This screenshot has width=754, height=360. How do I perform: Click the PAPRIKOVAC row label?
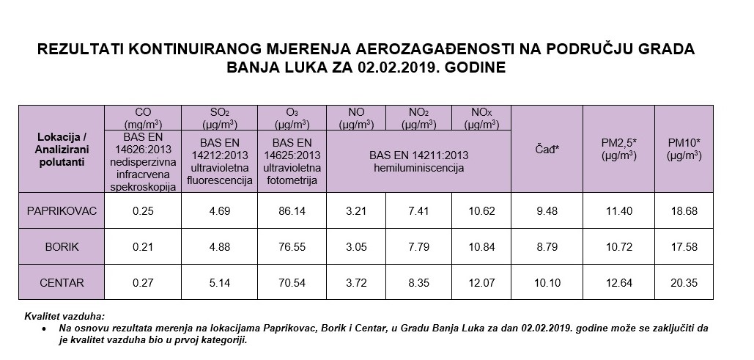click(x=62, y=211)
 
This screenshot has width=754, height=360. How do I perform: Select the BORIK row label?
click(x=62, y=246)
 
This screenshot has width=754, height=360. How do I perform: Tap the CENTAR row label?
click(x=62, y=282)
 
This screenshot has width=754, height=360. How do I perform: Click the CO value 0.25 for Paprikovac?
click(x=143, y=211)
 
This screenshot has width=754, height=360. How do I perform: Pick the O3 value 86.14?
click(x=291, y=211)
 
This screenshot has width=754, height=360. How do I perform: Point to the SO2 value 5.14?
click(x=220, y=282)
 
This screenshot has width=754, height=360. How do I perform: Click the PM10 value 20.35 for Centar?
click(x=684, y=282)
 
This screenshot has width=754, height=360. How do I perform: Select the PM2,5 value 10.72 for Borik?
click(x=618, y=246)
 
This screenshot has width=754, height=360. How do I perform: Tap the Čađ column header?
click(x=547, y=149)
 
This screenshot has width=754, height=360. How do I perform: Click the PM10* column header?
click(x=684, y=149)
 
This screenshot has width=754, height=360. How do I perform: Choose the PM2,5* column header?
click(x=618, y=149)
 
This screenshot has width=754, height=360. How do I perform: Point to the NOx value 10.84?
click(x=480, y=246)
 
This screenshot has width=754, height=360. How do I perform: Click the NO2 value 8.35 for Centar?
click(x=418, y=282)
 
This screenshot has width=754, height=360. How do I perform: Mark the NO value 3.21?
click(x=356, y=211)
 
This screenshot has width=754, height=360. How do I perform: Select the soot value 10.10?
click(x=547, y=282)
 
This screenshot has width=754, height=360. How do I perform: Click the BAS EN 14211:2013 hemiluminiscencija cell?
click(x=418, y=161)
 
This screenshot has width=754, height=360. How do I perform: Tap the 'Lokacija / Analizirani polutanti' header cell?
click(x=62, y=149)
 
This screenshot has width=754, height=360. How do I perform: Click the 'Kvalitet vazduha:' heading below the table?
click(x=64, y=315)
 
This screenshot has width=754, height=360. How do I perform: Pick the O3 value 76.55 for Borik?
click(x=291, y=246)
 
